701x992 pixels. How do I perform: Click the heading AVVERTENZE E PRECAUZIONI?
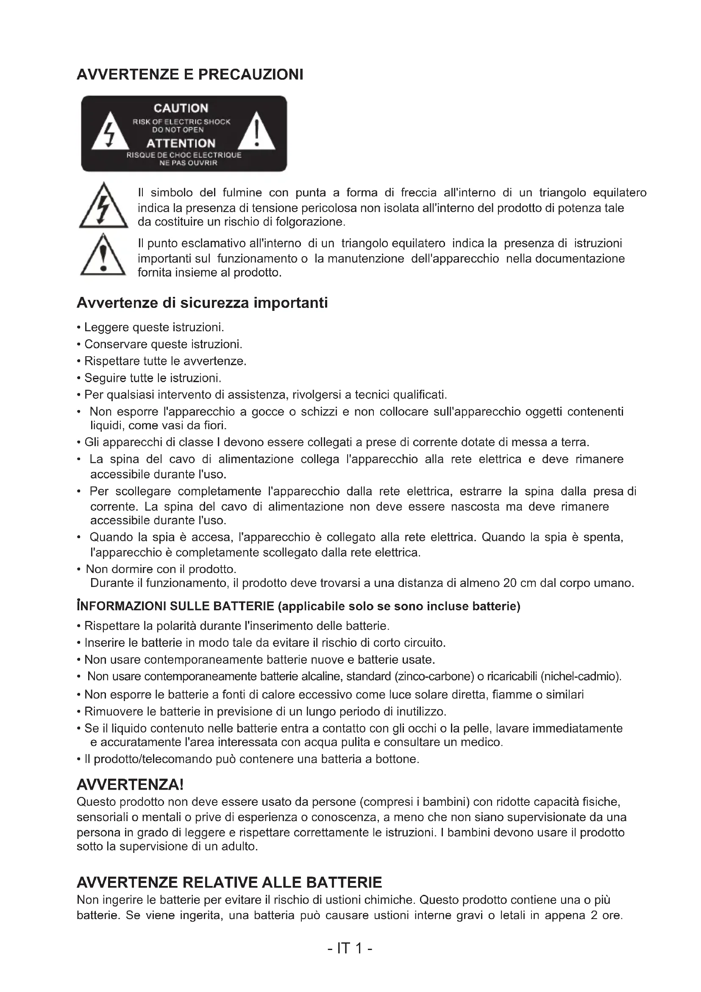(190, 75)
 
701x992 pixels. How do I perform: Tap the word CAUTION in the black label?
(181, 108)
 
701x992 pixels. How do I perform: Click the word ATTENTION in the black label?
(181, 143)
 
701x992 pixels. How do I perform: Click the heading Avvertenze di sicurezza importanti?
(202, 303)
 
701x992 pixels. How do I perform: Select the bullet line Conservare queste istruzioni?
(163, 344)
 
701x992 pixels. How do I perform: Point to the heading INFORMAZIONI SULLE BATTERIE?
(175, 606)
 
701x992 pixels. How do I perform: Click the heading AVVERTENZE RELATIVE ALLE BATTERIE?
(229, 882)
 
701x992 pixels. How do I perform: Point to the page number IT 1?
(350, 949)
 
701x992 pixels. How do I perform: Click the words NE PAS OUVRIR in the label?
(188, 163)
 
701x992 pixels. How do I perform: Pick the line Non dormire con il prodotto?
(161, 569)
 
